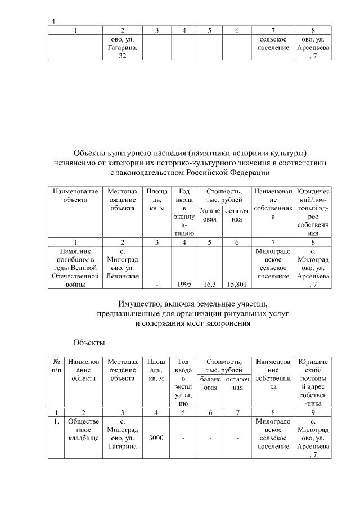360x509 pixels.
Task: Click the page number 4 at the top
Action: click(53, 21)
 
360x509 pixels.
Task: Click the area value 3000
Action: click(155, 438)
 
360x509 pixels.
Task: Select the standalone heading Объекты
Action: click(89, 342)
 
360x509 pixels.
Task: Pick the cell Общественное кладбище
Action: click(83, 429)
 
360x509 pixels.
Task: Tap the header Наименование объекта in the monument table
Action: click(75, 196)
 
